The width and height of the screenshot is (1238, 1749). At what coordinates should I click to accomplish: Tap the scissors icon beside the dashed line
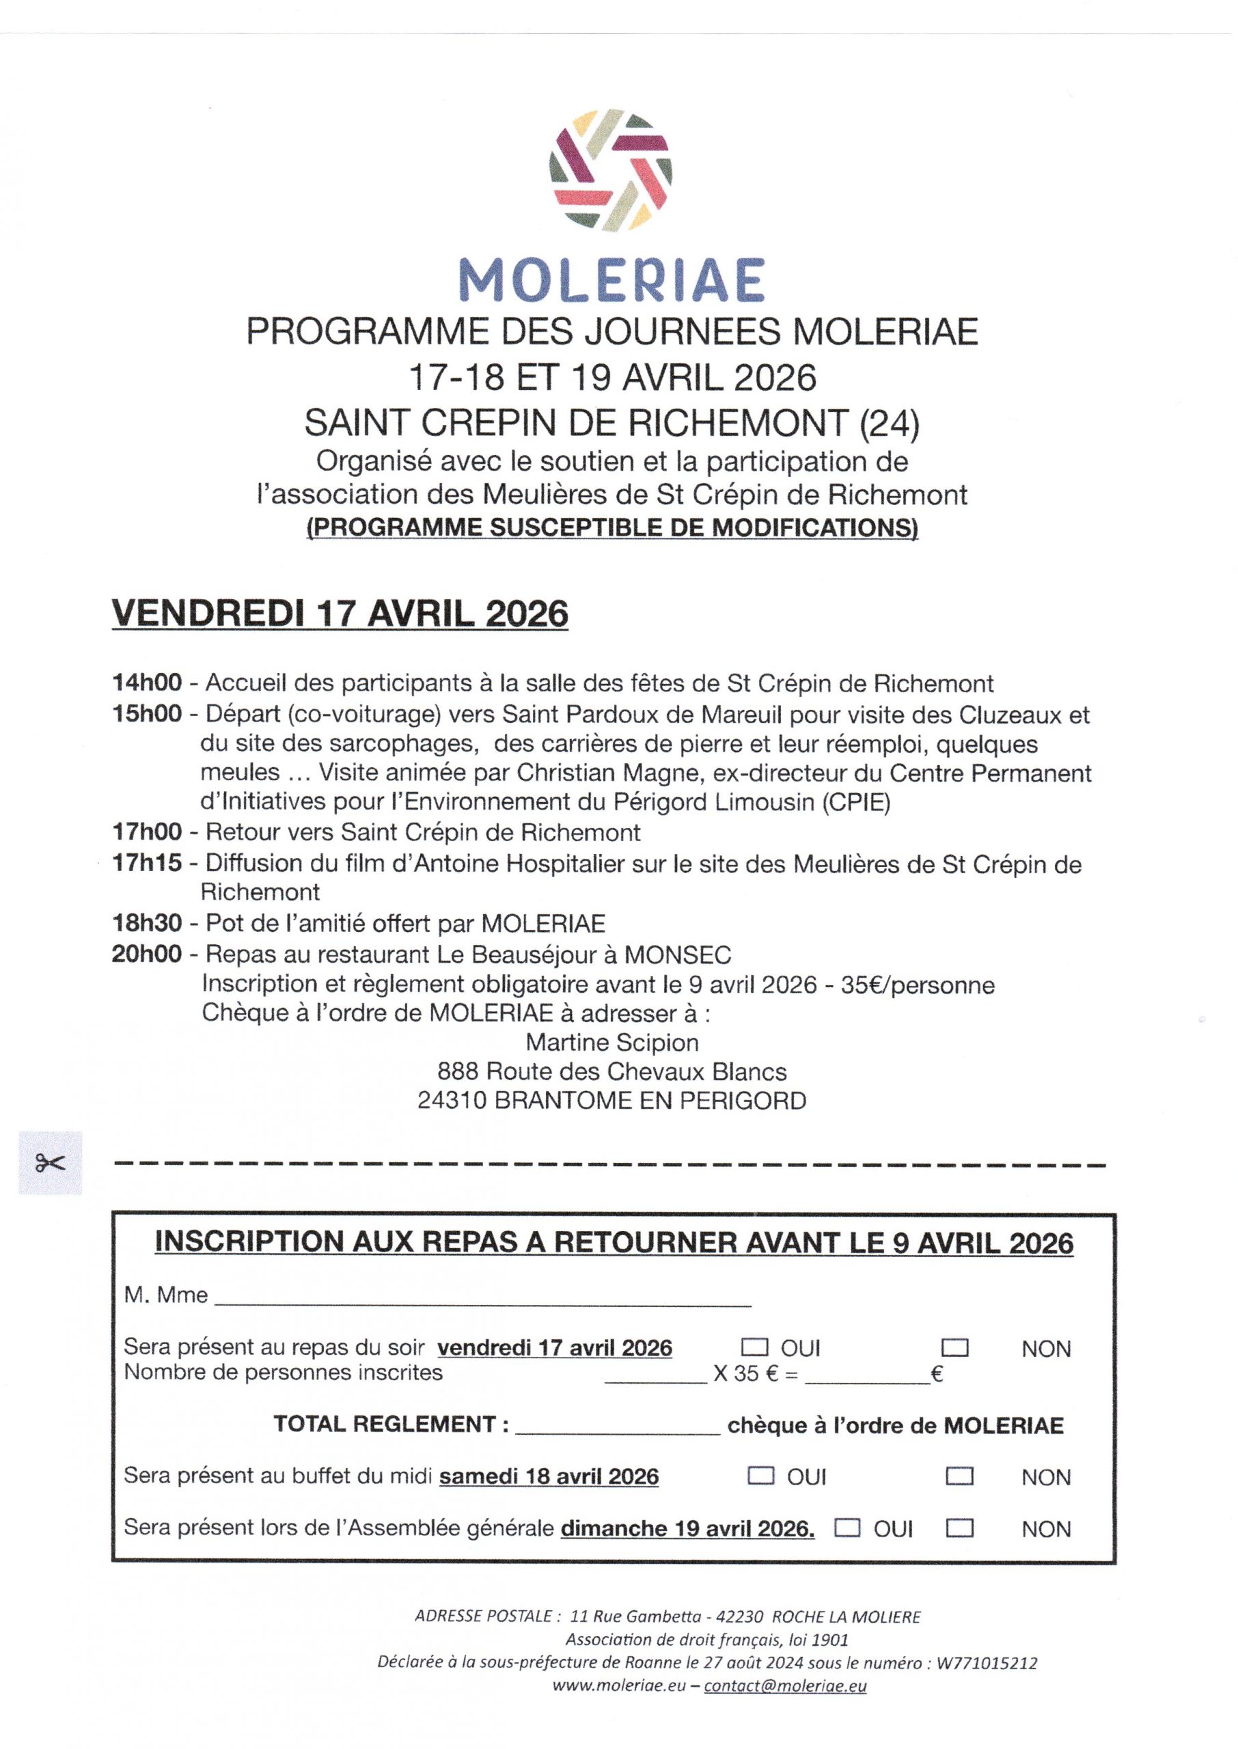point(51,1163)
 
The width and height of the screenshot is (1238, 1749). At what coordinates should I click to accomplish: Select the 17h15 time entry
point(147,864)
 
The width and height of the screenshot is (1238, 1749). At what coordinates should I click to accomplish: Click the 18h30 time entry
point(147,923)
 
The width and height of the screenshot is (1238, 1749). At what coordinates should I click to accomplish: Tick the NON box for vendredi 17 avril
point(956,1347)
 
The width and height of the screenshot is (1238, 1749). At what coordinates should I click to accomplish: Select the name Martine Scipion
point(612,1043)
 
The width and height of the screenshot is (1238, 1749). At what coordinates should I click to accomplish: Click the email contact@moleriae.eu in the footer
point(785,1685)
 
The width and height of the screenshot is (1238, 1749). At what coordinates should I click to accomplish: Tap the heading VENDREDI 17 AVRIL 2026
point(340,614)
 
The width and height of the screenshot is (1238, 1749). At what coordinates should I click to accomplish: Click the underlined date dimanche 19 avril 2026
point(687,1529)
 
